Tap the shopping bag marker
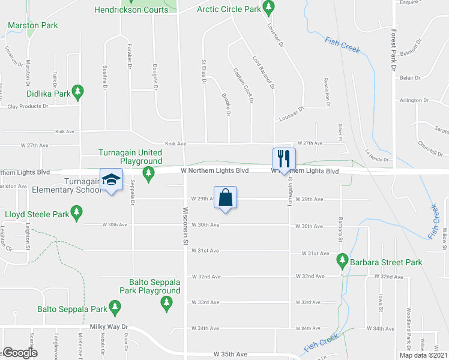[x=225, y=197]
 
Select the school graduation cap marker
[x=111, y=180]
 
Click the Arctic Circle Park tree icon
[x=270, y=8]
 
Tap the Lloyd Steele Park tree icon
[x=76, y=212]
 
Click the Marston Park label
[x=33, y=26]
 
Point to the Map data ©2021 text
[x=423, y=355]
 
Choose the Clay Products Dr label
[x=28, y=106]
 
